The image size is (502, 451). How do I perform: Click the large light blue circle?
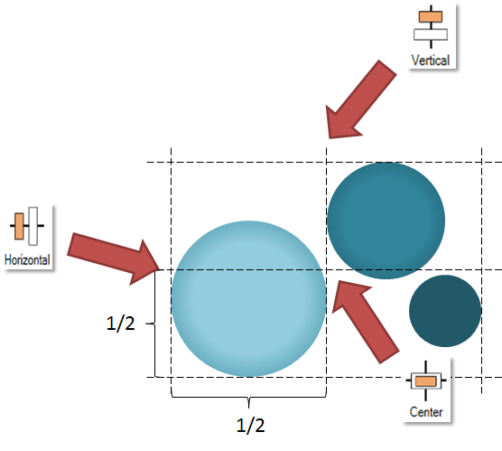249,298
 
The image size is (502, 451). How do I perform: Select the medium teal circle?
386,221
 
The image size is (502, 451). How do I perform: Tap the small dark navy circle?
445,311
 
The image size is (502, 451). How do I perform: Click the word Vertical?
431,61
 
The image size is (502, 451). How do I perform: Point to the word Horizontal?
27,259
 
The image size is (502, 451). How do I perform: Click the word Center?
426,412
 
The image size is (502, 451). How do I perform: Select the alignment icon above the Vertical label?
431,26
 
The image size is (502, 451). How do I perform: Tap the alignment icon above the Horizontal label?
27,226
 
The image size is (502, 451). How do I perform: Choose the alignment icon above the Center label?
426,381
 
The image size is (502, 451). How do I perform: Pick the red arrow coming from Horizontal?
114,258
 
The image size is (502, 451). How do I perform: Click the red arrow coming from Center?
365,321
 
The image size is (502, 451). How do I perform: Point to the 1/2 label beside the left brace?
120,323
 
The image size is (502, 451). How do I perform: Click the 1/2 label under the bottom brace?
251,426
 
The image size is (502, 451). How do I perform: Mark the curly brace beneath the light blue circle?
249,398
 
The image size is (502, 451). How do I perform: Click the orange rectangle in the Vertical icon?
431,16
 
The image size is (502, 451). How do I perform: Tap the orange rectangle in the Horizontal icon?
19,226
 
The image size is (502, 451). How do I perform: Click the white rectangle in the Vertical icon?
431,34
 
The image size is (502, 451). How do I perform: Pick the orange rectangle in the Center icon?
426,381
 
